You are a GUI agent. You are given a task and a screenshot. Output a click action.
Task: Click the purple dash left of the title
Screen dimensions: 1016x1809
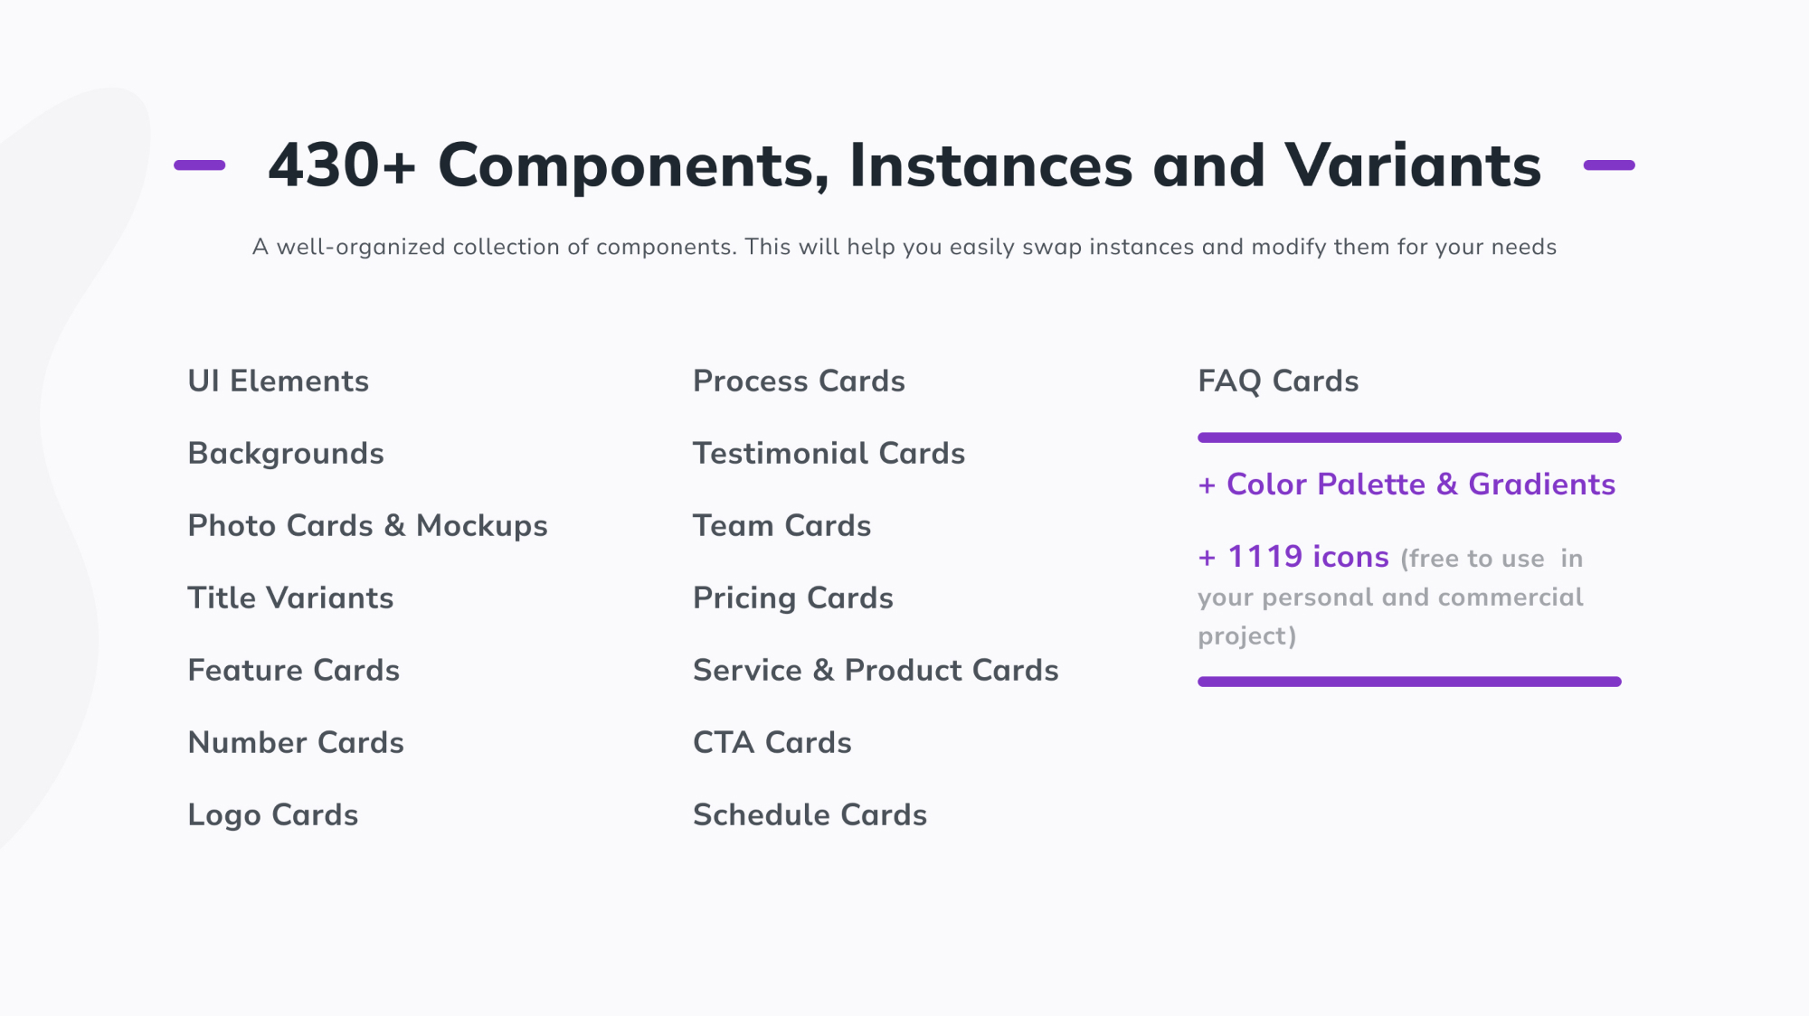[x=199, y=165]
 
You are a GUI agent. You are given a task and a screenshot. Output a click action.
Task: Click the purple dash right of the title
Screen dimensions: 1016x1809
[x=1609, y=165]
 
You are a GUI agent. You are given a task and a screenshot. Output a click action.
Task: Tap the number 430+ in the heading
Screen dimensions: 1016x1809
[x=341, y=165]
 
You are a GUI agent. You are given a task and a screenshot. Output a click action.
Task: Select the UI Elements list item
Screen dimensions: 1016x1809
[x=278, y=381]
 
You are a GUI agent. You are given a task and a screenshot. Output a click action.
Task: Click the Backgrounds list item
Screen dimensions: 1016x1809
[x=285, y=454]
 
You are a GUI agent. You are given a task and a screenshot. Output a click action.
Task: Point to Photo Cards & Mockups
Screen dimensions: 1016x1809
[x=367, y=526]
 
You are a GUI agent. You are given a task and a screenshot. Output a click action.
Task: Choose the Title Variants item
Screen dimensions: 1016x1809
[x=290, y=598]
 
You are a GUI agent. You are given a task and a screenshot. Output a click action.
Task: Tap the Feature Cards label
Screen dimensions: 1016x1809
[x=293, y=671]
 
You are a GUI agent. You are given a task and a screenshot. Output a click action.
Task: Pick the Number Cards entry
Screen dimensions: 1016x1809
[x=295, y=743]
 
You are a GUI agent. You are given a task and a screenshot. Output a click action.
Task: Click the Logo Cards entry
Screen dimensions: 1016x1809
[x=272, y=815]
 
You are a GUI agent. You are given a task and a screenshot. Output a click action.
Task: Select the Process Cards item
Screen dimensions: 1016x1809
[x=799, y=381]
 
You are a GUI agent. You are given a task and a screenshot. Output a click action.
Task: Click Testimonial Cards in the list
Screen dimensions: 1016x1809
[x=829, y=454]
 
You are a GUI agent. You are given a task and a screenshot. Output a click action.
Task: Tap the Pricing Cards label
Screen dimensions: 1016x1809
[x=792, y=598]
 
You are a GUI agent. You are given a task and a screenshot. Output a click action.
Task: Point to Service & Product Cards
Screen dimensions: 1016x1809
[x=875, y=671]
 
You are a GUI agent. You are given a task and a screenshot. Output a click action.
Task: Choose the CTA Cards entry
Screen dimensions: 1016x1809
[x=772, y=743]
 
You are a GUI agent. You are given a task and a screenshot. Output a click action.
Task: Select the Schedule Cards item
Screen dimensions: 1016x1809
[x=810, y=815]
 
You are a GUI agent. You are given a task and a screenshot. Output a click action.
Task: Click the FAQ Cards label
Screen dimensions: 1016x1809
[x=1278, y=381]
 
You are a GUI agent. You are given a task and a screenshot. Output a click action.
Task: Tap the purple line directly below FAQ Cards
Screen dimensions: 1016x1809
[x=1409, y=437]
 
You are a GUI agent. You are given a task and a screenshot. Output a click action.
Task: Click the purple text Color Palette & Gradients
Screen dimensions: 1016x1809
[x=1420, y=484]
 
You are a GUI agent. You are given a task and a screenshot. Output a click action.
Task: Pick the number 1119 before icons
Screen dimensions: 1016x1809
[x=1264, y=557]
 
